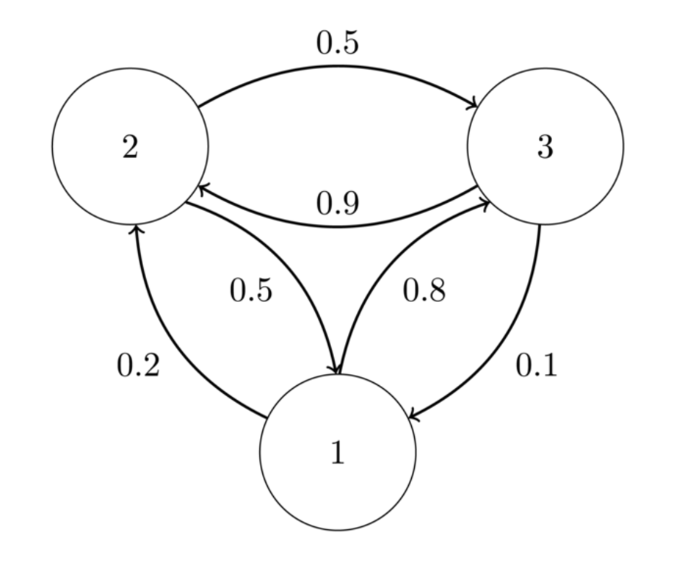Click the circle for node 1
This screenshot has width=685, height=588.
tap(338, 452)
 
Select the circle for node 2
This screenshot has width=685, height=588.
tap(130, 147)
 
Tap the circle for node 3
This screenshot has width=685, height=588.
tap(546, 147)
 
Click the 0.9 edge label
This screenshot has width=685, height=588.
tap(338, 204)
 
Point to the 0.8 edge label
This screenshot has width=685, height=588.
tap(424, 291)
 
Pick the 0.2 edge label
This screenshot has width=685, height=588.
tap(138, 365)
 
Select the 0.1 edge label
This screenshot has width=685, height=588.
tap(537, 365)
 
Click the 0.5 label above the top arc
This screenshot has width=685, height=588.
tap(338, 43)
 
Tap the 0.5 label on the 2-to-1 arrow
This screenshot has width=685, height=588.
tap(251, 291)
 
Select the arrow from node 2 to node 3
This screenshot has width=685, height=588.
tap(338, 67)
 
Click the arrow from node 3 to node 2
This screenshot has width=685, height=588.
tap(338, 226)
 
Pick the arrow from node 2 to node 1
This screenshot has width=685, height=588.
tap(294, 265)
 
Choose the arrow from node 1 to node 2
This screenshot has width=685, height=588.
tap(169, 338)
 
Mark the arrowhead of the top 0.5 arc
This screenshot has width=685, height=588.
tap(475, 106)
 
